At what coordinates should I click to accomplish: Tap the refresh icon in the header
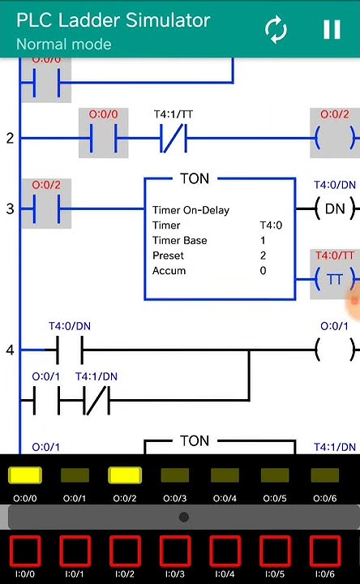point(276,30)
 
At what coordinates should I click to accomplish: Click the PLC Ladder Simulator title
point(113,20)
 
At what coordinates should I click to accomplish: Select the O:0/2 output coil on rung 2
point(335,139)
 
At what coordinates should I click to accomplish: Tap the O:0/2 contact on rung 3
point(46,209)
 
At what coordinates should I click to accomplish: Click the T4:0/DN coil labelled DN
point(335,209)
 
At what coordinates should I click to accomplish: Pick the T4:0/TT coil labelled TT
point(335,280)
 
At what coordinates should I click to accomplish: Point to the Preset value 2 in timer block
point(263,255)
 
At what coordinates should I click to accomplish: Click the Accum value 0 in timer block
point(263,271)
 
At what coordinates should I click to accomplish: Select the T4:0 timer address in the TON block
point(270,225)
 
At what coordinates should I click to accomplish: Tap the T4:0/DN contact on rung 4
point(70,350)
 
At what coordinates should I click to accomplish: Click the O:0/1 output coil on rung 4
point(335,350)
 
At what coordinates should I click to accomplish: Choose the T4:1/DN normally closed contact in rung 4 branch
point(96,401)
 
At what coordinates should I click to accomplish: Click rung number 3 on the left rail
point(10,209)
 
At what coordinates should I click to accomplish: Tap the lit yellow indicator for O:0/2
point(124,475)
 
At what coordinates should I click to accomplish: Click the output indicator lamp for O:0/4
point(225,475)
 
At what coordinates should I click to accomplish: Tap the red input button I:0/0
point(24,552)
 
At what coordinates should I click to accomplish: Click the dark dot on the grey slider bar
point(184,517)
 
